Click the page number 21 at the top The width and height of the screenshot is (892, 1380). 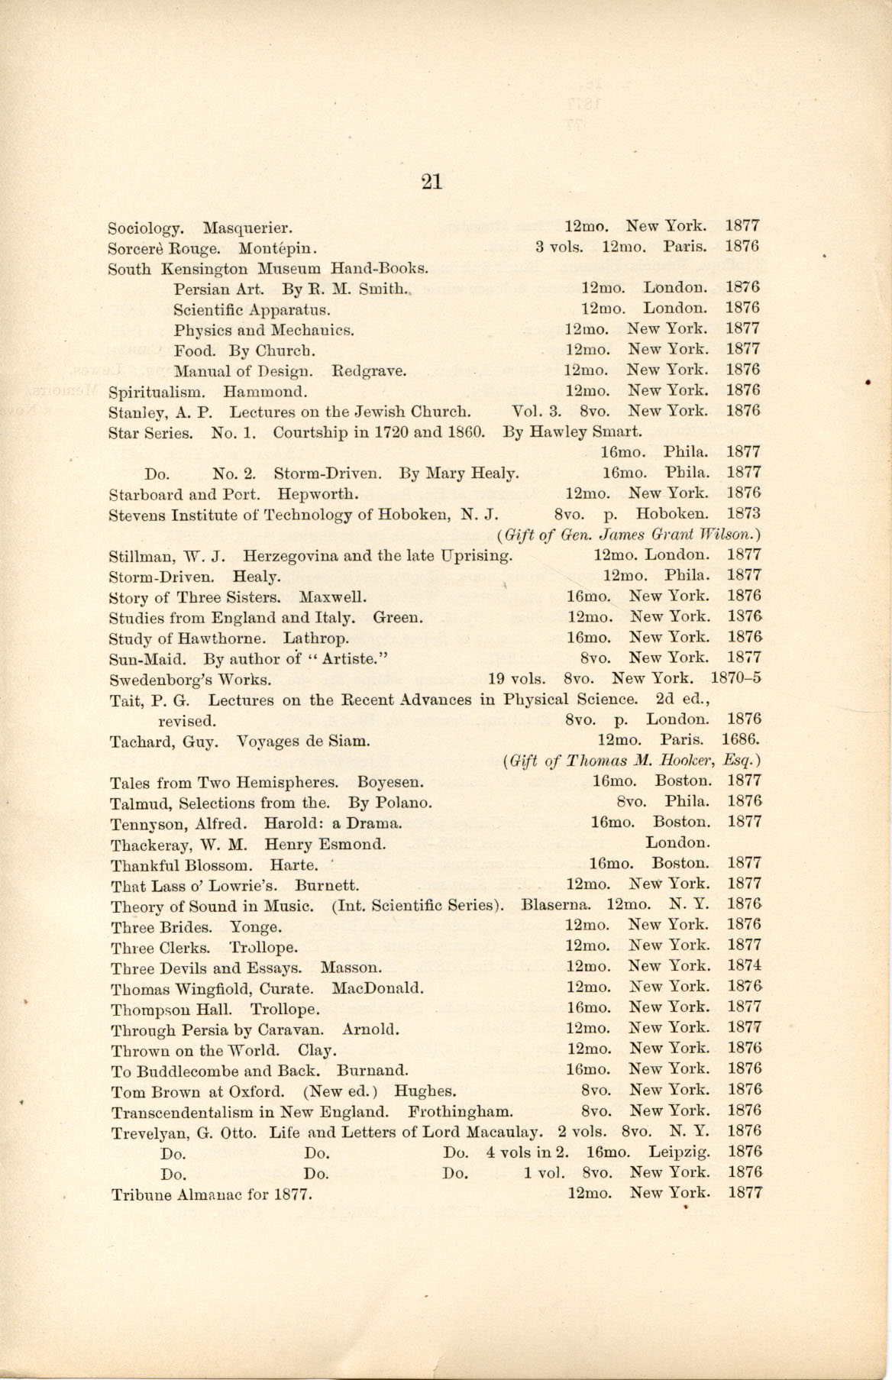click(x=431, y=182)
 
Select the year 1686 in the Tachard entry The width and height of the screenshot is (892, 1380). click(x=740, y=740)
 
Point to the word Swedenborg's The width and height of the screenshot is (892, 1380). click(x=163, y=679)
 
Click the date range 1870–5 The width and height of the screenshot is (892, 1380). click(x=735, y=677)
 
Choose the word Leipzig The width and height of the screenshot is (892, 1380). click(x=679, y=1152)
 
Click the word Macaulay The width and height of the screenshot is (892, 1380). click(x=504, y=1131)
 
